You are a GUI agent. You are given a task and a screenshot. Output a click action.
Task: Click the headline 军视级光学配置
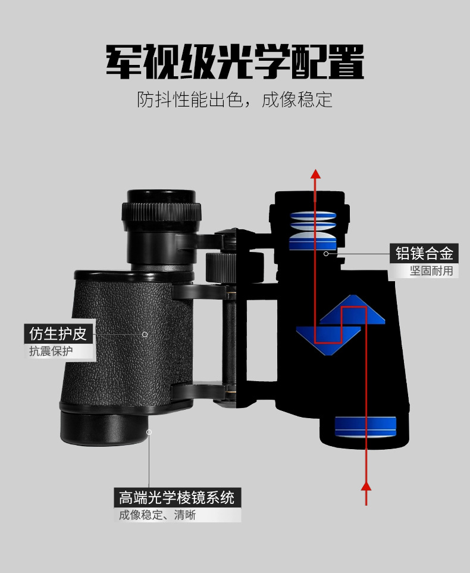(235, 61)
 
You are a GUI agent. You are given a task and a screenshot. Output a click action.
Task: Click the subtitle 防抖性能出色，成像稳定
(234, 99)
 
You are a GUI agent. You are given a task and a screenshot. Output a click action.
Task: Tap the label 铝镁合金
(424, 253)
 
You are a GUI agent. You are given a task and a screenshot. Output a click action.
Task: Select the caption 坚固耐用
(431, 271)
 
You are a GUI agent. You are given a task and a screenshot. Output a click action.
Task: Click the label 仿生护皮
(58, 334)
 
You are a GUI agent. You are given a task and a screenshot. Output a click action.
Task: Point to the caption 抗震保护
(51, 351)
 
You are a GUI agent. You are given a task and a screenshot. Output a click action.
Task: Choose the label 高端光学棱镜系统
(177, 498)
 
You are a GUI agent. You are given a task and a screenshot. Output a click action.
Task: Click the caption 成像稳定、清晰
(157, 515)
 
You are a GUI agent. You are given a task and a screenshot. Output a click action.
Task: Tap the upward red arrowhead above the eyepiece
(316, 174)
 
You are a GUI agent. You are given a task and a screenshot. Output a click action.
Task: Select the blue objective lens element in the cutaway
(365, 426)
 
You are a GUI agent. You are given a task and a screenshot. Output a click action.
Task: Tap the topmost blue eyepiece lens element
(313, 215)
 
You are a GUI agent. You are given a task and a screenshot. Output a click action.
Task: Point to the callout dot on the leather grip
(145, 334)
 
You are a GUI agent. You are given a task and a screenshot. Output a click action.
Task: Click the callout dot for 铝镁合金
(326, 254)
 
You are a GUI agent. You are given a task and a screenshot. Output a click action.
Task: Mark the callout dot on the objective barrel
(149, 432)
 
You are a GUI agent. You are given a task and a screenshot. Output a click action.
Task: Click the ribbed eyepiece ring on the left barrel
(161, 212)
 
